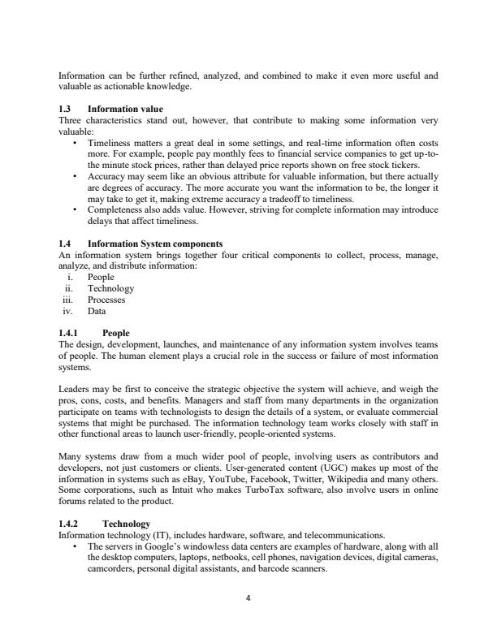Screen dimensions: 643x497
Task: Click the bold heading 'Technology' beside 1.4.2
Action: pos(123,525)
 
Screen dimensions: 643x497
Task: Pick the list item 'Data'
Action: pos(96,310)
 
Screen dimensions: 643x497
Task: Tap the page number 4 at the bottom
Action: pos(248,599)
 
